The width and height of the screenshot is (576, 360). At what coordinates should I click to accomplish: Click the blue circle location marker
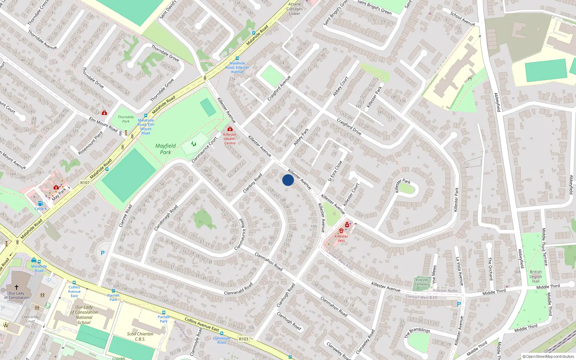coord(288,180)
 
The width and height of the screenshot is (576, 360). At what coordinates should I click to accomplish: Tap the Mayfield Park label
coord(166,149)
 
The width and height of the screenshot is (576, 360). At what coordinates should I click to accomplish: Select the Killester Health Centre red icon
coord(230,129)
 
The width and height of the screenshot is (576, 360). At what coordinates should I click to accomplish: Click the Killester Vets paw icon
coord(341,230)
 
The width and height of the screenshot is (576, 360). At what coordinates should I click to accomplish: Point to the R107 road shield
coord(85,183)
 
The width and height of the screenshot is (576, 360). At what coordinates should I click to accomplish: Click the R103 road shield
coord(244,339)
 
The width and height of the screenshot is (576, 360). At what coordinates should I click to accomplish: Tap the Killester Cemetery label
coord(422,282)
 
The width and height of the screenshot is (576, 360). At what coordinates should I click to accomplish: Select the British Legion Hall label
coord(536,276)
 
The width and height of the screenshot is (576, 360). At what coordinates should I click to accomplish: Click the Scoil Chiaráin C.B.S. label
coord(140,336)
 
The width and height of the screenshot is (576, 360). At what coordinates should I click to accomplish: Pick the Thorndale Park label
coord(126,119)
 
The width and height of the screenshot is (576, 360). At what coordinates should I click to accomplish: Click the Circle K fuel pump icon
coord(40,203)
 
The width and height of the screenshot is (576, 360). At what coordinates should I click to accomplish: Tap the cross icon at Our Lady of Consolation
coord(16,287)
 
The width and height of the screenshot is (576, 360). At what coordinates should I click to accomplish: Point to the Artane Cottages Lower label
coord(294,9)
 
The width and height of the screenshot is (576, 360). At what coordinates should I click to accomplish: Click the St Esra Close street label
coord(335,171)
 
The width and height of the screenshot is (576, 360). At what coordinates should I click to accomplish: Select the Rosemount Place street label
coord(90,143)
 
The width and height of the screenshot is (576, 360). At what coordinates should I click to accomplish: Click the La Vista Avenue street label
coord(460,271)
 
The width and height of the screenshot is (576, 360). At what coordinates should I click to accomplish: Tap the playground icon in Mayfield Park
coord(194,144)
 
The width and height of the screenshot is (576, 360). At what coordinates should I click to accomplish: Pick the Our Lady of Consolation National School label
coord(84,315)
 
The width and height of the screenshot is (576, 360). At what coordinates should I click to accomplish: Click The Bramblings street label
coord(417,332)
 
